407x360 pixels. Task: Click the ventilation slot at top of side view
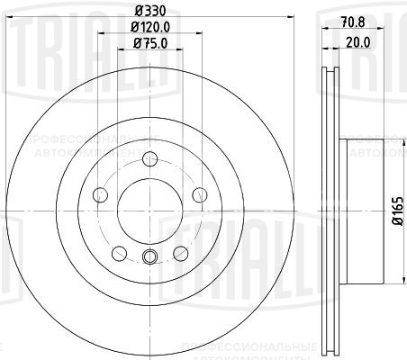[329, 81]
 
